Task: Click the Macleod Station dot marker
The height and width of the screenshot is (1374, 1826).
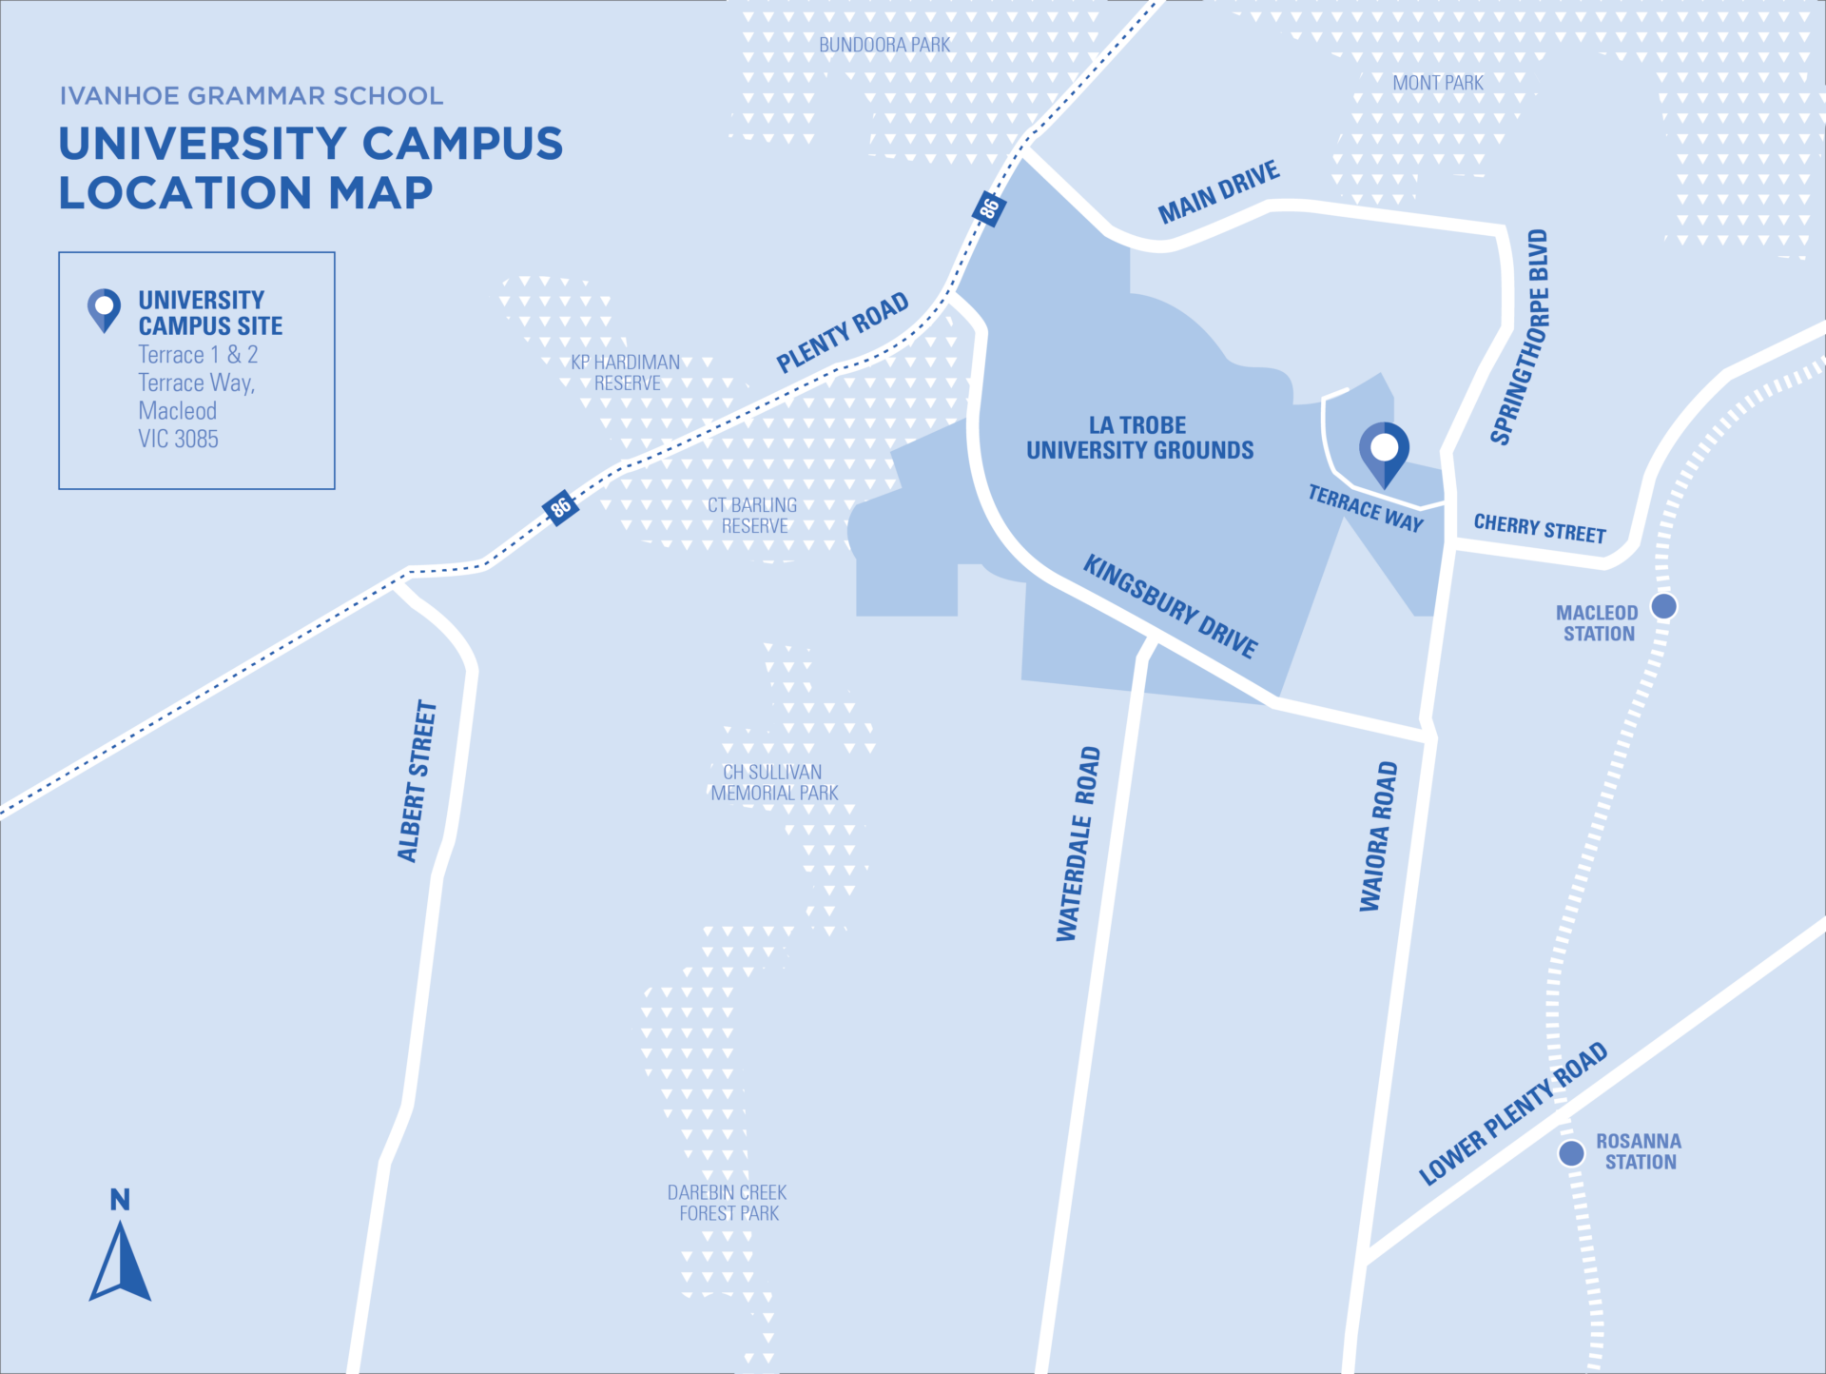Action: point(1663,606)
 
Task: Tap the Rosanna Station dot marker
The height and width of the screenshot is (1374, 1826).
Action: point(1571,1153)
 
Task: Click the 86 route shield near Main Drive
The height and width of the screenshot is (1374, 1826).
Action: point(989,207)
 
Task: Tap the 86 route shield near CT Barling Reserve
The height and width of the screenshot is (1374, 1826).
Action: point(560,506)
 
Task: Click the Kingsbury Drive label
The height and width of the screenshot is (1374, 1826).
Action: point(1171,606)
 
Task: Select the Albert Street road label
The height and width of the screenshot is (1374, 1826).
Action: point(417,781)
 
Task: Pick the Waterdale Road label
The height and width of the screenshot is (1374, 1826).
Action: point(1078,844)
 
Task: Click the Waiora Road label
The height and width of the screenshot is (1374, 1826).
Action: point(1378,835)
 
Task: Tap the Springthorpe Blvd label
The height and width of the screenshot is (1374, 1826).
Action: point(1520,337)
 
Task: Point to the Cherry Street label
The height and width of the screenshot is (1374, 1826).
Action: point(1540,528)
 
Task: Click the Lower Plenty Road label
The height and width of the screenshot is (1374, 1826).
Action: point(1513,1112)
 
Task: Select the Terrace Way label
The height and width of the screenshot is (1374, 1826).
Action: point(1366,508)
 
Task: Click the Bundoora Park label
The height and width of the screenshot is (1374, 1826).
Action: point(884,45)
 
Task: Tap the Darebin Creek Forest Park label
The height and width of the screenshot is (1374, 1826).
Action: point(728,1203)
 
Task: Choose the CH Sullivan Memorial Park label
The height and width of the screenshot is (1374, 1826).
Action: point(773,782)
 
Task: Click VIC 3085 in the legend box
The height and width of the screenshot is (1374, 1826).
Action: point(178,439)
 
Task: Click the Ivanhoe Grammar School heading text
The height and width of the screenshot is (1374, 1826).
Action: point(251,96)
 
